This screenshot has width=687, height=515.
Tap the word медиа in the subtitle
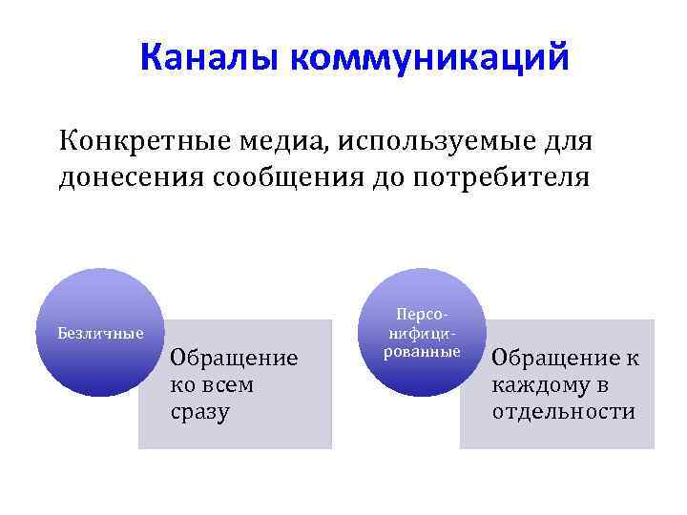click(270, 142)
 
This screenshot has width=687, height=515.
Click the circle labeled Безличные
click(101, 333)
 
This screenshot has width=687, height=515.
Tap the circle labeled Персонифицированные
click(422, 333)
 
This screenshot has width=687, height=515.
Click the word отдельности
click(563, 412)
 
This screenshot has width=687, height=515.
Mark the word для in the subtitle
click(567, 142)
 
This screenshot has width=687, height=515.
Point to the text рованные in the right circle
click(422, 352)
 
